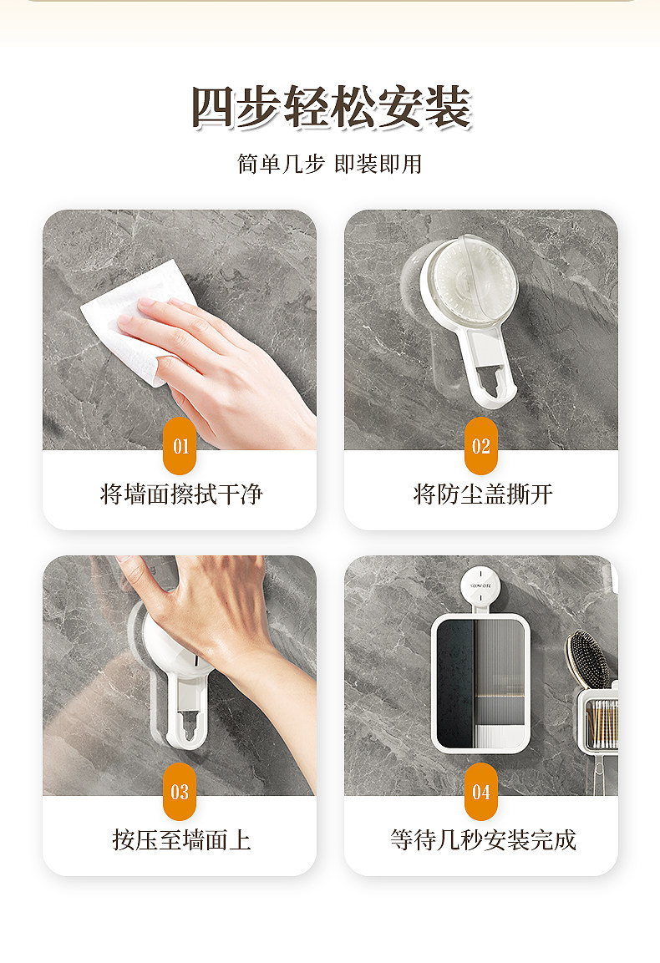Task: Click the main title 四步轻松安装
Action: (x=331, y=108)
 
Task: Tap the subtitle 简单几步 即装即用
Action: (x=330, y=164)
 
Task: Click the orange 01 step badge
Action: (x=180, y=446)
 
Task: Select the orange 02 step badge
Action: (x=481, y=446)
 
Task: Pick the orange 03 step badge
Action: (x=180, y=792)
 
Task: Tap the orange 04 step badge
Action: (x=481, y=792)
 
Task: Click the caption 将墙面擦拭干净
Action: (x=181, y=494)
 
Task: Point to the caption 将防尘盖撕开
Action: (x=483, y=494)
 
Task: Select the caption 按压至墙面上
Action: (x=181, y=839)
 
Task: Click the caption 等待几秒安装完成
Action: (x=483, y=839)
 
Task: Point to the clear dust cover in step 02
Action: (x=470, y=282)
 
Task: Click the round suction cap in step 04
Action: (x=480, y=586)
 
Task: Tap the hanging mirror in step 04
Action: (x=480, y=683)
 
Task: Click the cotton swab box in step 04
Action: (x=597, y=718)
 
